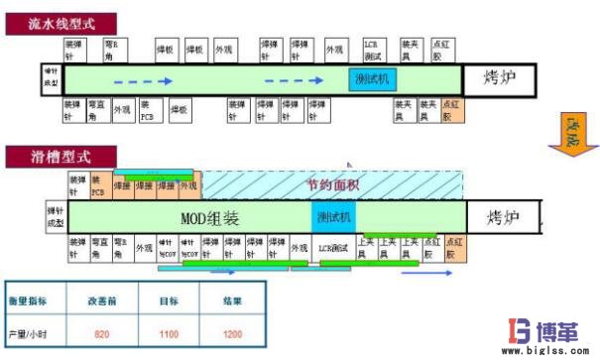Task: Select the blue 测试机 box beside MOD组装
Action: (x=333, y=217)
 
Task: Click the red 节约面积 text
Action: (x=333, y=182)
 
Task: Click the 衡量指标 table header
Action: (x=36, y=298)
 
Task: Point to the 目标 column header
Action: (x=169, y=298)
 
